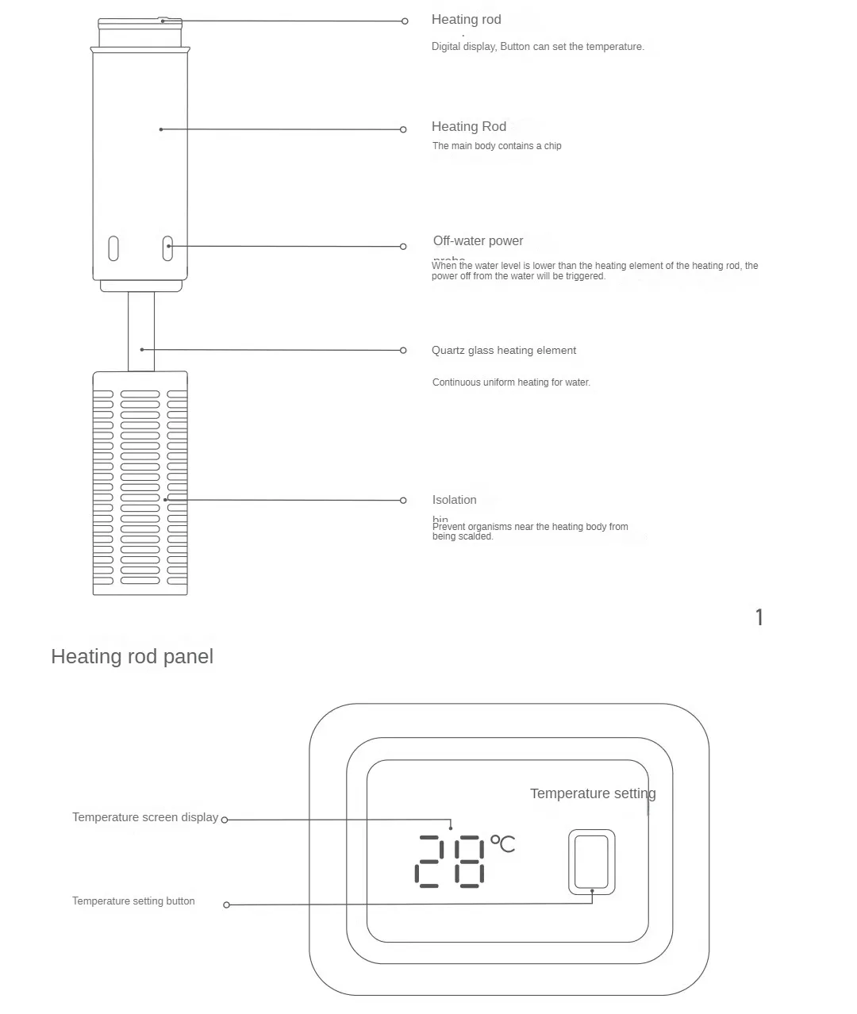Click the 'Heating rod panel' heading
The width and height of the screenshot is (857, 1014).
pos(132,657)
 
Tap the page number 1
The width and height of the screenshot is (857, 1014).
pos(759,617)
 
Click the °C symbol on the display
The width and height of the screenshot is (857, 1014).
pos(502,843)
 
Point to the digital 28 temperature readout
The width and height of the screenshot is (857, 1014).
pos(450,861)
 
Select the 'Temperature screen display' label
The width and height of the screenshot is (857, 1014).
pos(144,817)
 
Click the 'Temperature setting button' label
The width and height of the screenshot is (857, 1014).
pos(133,901)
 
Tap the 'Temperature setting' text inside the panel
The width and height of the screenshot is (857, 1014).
pos(592,793)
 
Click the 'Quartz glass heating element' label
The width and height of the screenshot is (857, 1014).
pos(504,351)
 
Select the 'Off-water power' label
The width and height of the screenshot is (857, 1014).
pos(478,241)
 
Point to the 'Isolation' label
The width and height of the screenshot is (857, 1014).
pos(454,500)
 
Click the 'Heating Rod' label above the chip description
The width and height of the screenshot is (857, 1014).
pos(468,127)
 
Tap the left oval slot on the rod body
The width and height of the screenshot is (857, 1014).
pos(113,248)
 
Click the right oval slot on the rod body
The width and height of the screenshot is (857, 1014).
pos(167,248)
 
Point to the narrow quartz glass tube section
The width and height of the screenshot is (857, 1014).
pos(141,331)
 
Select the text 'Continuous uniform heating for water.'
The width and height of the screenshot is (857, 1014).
pos(511,382)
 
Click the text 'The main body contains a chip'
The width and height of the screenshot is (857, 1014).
pos(497,146)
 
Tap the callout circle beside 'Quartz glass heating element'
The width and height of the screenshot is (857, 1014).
pos(403,350)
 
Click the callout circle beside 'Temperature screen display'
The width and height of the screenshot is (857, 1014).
pos(225,820)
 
